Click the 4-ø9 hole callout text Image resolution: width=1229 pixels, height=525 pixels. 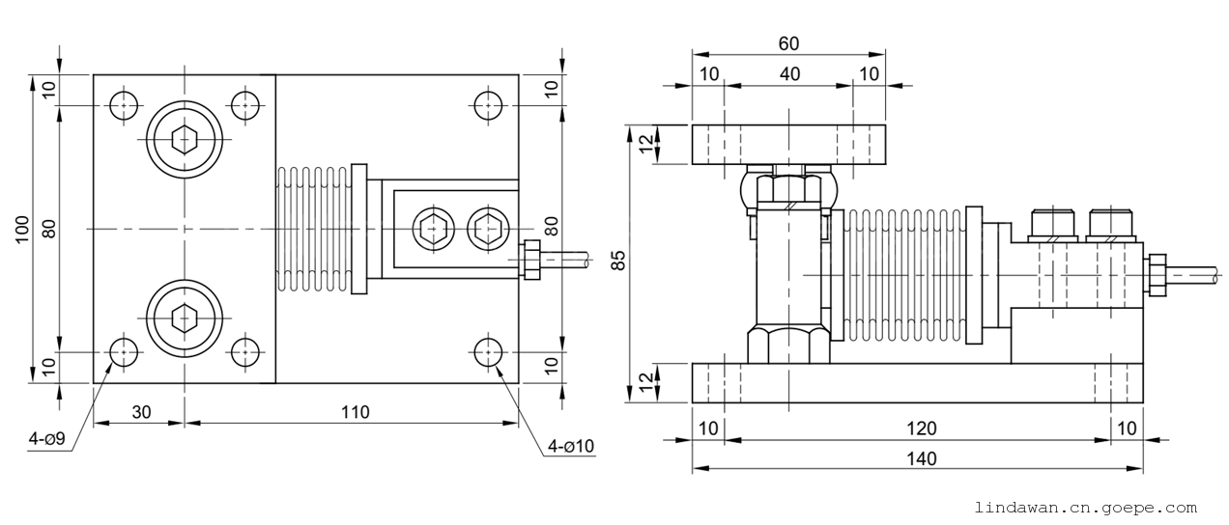click(x=46, y=441)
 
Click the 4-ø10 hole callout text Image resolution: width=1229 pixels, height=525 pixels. click(x=571, y=446)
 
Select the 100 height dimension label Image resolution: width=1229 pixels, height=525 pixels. click(x=22, y=229)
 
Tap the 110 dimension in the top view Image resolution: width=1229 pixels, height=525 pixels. click(x=355, y=412)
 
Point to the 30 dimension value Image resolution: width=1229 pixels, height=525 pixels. click(x=141, y=412)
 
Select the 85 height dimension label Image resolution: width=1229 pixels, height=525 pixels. click(x=619, y=260)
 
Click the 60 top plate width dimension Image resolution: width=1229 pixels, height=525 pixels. click(x=788, y=43)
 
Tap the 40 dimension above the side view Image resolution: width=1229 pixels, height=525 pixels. click(x=789, y=74)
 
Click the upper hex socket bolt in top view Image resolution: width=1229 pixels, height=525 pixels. click(x=185, y=140)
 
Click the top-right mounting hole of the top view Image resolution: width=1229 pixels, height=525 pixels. click(x=488, y=105)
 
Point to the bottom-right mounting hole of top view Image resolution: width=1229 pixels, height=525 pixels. click(x=488, y=353)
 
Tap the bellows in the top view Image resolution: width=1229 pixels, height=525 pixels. click(x=312, y=230)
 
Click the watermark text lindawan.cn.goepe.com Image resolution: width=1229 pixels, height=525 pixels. click(x=1086, y=507)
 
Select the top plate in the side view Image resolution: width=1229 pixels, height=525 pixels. click(x=788, y=144)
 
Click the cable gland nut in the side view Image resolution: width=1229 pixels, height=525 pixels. click(x=1155, y=276)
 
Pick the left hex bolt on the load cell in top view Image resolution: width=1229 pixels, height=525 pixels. click(x=429, y=229)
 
